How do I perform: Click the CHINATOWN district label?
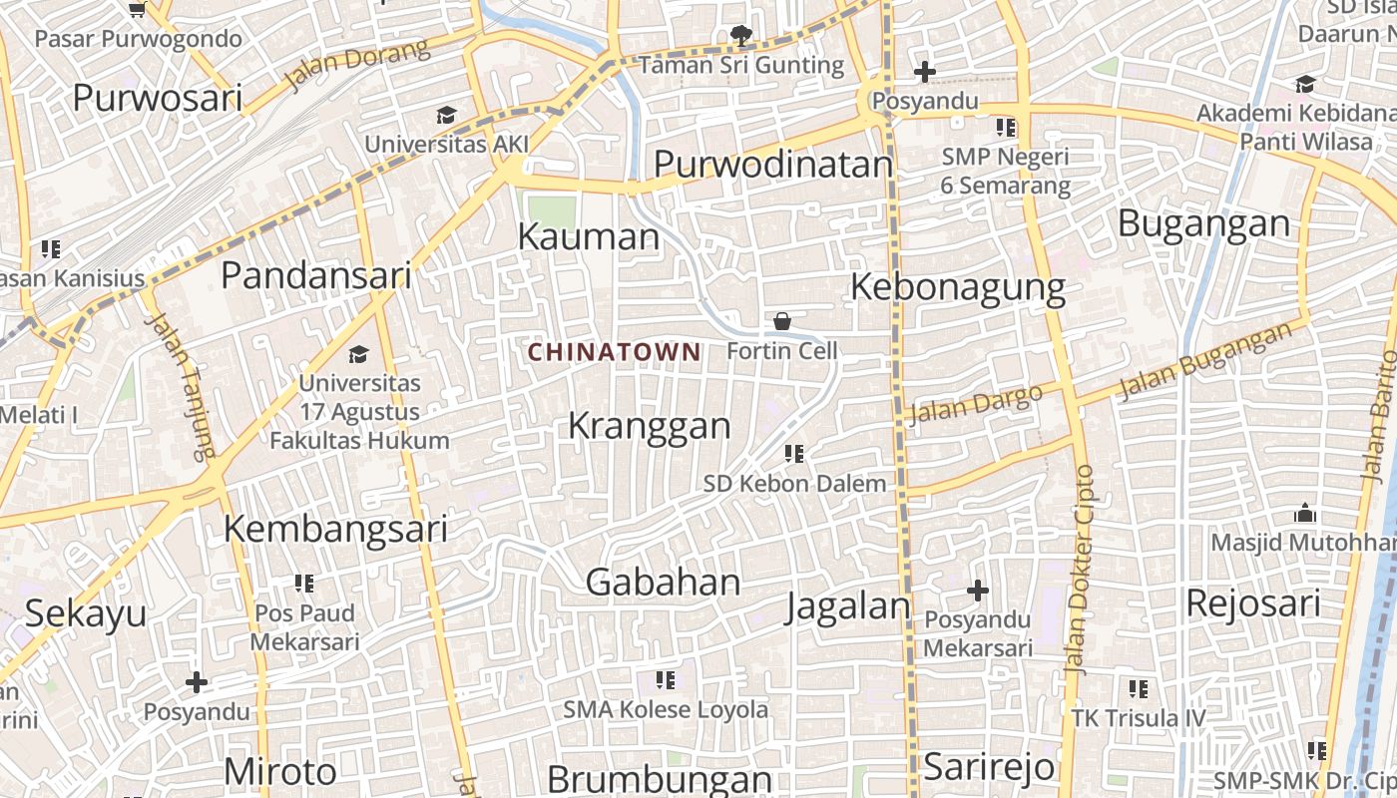[x=614, y=352]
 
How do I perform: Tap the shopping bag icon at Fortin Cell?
[x=782, y=321]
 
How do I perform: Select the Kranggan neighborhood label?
[x=650, y=426]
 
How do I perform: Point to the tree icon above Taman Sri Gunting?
[x=740, y=36]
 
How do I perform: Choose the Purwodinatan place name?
[x=772, y=165]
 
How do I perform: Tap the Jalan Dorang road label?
[x=356, y=62]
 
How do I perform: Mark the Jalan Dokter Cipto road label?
[x=1079, y=569]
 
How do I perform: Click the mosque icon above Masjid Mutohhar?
[x=1304, y=515]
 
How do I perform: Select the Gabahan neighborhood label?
[x=663, y=583]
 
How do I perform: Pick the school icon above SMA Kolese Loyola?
[x=666, y=680]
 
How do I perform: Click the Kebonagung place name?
[x=958, y=287]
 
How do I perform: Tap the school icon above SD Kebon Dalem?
[x=794, y=454]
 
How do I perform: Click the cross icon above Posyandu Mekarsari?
[x=978, y=591]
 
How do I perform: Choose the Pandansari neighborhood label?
[x=315, y=275]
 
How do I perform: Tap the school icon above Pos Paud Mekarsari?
[x=304, y=583]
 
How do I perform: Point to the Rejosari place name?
[x=1252, y=603]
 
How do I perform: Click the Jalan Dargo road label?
[x=977, y=403]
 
